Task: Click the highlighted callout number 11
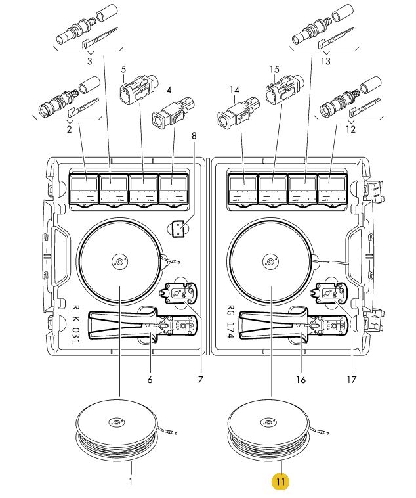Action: [280, 482]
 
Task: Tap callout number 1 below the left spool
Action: [131, 482]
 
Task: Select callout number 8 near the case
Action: [194, 136]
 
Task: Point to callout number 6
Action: [150, 380]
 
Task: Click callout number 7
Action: [200, 380]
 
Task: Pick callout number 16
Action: [301, 380]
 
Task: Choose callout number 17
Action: [352, 380]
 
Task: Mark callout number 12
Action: [350, 131]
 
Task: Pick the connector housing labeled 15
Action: [284, 92]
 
